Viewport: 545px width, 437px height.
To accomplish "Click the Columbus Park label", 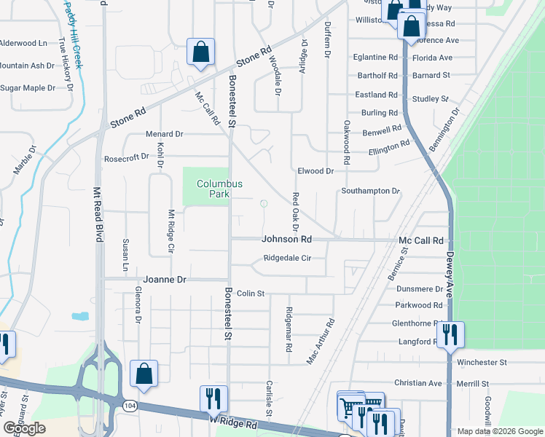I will tap(219, 189).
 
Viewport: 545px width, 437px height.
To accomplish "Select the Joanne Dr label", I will tap(165, 279).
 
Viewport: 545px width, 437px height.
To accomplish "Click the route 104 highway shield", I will tap(128, 405).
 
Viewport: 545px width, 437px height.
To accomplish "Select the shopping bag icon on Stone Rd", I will tap(200, 52).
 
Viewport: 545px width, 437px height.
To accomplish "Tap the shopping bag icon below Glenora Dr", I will tap(144, 374).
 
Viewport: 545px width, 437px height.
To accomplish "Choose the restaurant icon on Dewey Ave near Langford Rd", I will tap(450, 335).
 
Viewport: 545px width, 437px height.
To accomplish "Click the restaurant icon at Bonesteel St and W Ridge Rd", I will tap(213, 398).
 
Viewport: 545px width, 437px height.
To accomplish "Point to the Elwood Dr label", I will tap(315, 171).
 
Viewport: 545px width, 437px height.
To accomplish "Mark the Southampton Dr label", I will tap(371, 191).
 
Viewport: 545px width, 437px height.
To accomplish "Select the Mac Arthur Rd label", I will tap(320, 341).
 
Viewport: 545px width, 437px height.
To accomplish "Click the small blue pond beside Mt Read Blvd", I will tap(80, 317).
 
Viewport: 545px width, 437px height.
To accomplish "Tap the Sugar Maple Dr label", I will tap(28, 88).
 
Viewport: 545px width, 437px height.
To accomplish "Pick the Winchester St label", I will tap(481, 362).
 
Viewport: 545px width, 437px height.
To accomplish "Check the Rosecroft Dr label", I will tap(126, 157).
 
